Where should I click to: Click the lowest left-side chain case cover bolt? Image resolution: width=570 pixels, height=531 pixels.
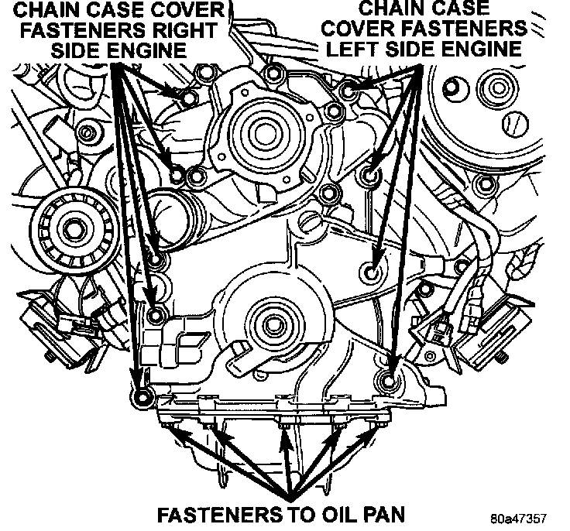pyautogui.click(x=390, y=380)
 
